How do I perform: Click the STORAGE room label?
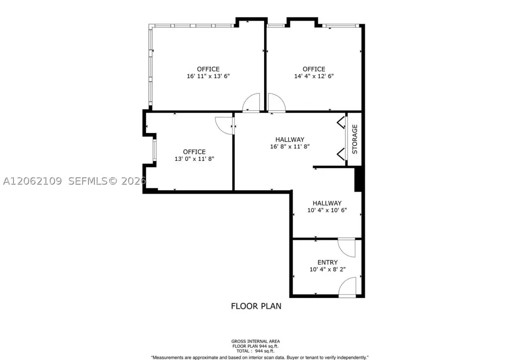coord(355,139)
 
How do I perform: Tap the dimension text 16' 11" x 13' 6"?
coord(209,76)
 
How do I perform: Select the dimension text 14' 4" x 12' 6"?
coord(314,76)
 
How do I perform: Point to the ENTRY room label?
coord(328,262)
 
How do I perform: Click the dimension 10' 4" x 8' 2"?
coord(328,269)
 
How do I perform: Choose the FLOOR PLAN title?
coord(256,306)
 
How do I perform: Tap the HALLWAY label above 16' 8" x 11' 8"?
coord(290,140)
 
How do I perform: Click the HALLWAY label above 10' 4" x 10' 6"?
coord(327,203)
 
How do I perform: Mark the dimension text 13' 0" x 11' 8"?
coord(194,159)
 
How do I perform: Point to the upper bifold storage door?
coord(341,123)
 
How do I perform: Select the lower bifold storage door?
coord(341,154)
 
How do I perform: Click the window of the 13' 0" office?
coord(154,149)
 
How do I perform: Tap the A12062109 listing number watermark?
coord(32,181)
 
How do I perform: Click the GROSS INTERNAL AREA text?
coord(256,341)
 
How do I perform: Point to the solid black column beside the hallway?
coord(358,179)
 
